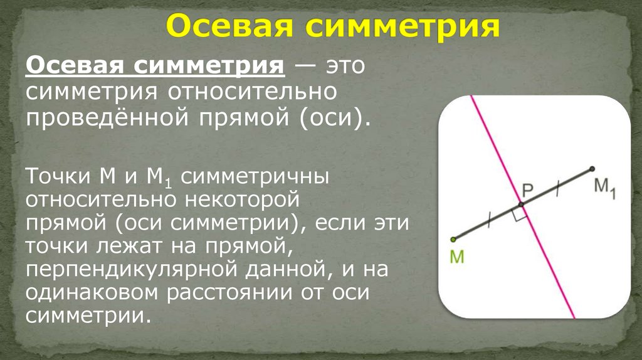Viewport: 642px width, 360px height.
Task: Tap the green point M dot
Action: pyautogui.click(x=453, y=239)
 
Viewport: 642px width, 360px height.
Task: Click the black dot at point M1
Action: pyautogui.click(x=591, y=168)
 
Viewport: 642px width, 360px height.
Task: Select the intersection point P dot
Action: pyautogui.click(x=521, y=204)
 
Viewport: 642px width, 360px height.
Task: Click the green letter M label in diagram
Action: pyautogui.click(x=456, y=257)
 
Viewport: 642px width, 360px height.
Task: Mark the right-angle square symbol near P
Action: pyautogui.click(x=518, y=215)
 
